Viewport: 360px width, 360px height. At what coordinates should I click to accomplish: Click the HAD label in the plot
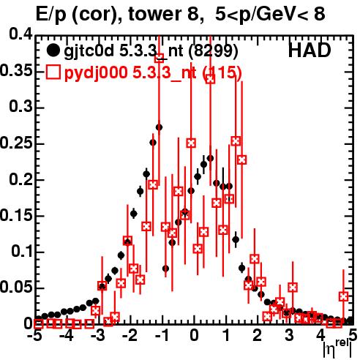(310, 50)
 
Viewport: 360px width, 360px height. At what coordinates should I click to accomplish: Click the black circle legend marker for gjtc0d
(53, 50)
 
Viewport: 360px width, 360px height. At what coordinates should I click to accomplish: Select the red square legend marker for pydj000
(53, 72)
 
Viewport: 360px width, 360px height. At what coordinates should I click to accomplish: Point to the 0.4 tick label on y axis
(21, 34)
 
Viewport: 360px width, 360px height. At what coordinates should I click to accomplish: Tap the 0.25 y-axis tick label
(17, 143)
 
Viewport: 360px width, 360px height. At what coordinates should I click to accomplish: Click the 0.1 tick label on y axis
(22, 251)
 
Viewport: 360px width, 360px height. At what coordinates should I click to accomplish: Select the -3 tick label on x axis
(98, 336)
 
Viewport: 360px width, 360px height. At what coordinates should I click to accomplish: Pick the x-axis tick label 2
(258, 336)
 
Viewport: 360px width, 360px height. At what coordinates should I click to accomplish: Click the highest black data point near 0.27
(159, 127)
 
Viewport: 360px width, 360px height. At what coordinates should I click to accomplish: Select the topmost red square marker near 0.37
(160, 58)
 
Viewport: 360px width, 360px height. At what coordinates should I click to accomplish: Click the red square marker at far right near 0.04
(343, 296)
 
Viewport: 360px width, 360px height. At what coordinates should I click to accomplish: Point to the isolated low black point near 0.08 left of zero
(165, 269)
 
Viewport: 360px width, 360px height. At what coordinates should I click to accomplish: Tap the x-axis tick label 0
(194, 336)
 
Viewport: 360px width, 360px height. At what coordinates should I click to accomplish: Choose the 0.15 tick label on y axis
(17, 216)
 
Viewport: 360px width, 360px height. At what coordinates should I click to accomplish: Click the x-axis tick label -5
(35, 336)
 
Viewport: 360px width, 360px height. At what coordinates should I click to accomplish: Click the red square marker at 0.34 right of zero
(210, 79)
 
